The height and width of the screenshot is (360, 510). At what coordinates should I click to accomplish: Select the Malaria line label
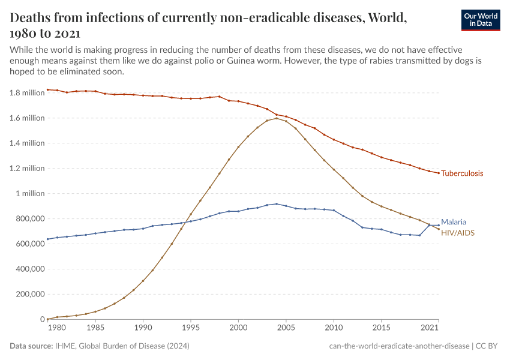(x=454, y=221)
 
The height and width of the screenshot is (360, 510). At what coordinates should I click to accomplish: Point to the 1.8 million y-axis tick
(x=27, y=93)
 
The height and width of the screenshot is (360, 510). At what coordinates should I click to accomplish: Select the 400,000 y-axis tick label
(x=27, y=269)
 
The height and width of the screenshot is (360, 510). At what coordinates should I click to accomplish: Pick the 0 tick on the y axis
(x=41, y=320)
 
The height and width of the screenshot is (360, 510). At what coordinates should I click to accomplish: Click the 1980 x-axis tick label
(x=56, y=329)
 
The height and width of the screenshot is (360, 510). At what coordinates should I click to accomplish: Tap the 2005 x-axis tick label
(x=286, y=329)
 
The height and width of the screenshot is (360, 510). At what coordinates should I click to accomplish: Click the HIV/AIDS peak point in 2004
(x=277, y=118)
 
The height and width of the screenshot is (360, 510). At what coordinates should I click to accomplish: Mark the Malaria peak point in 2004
(x=277, y=204)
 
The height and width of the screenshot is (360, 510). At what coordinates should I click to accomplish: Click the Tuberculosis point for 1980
(x=47, y=90)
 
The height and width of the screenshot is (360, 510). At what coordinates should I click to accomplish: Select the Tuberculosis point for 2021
(x=439, y=173)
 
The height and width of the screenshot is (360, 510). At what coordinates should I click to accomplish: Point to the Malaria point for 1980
(x=47, y=239)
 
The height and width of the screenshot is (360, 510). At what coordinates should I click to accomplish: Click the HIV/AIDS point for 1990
(x=143, y=281)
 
